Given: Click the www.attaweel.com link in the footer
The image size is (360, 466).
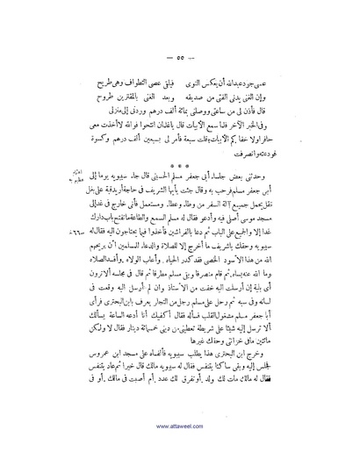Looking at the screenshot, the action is click(x=180, y=444).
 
